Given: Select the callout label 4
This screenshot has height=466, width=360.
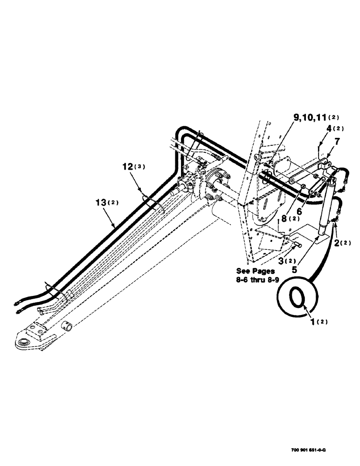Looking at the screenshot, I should (x=328, y=127).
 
